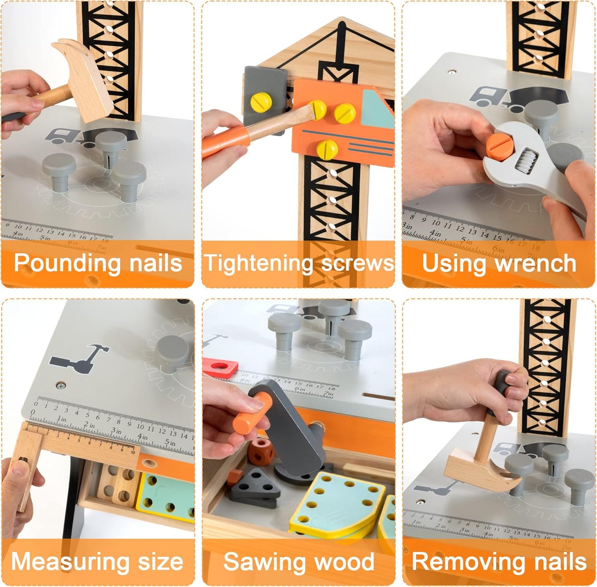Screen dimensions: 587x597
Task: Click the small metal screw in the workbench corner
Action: (61, 386)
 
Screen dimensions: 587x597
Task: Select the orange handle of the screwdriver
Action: (223, 142)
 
